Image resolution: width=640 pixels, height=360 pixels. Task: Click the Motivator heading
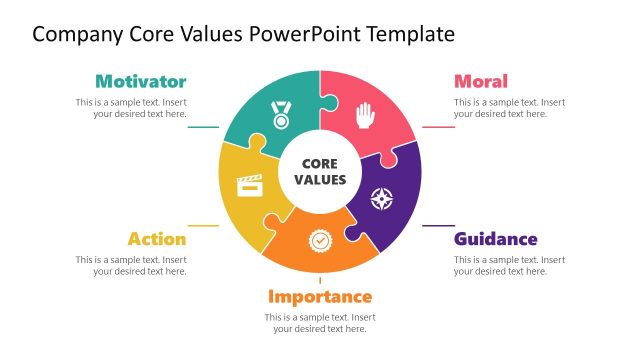(140, 81)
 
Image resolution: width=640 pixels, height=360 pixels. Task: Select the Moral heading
(481, 81)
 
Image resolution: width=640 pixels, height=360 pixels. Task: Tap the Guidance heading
(496, 239)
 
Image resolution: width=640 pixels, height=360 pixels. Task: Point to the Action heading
(157, 239)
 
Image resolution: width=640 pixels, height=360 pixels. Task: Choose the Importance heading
(320, 296)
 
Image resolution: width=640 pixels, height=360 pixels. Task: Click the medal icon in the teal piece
(281, 114)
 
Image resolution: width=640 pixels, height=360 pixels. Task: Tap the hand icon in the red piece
(363, 115)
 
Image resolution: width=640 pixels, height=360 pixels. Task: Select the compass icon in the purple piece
(381, 198)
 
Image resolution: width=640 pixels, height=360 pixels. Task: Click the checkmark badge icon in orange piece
(320, 241)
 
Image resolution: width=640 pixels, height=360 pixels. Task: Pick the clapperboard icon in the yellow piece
(249, 184)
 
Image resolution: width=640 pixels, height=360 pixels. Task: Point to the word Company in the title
(78, 34)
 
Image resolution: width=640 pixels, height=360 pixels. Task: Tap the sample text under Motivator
(131, 108)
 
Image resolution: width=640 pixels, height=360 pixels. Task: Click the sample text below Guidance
(509, 265)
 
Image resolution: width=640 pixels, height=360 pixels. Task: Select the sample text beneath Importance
(320, 323)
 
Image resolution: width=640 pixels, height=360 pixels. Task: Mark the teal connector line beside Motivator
(204, 127)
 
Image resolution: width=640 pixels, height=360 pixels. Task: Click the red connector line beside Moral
(438, 127)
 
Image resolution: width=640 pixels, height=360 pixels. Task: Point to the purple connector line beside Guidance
(438, 225)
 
